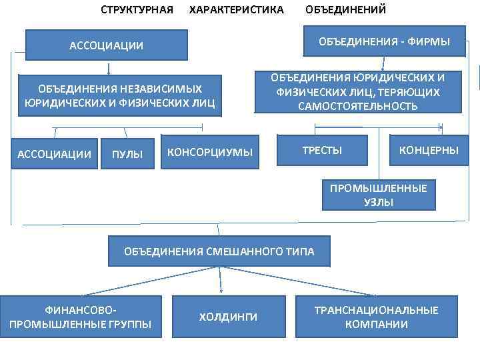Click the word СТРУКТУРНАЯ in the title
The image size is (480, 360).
coord(137,10)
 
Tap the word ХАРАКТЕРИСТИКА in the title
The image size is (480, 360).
coord(237,10)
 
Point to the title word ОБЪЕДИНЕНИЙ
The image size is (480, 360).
coord(345,10)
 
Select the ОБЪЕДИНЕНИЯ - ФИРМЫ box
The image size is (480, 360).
coord(383,42)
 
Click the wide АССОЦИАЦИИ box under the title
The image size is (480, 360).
coord(107,45)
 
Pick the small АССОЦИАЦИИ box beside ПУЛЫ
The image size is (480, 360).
coord(55,154)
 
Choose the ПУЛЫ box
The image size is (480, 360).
coord(127,154)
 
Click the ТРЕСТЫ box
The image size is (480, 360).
coord(322,151)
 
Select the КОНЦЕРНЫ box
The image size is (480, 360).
coord(429,151)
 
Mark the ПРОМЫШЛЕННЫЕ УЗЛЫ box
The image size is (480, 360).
coord(378,195)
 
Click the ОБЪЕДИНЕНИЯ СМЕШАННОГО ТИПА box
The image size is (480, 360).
coord(219,251)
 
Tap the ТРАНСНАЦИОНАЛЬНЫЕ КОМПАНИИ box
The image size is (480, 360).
coord(376,317)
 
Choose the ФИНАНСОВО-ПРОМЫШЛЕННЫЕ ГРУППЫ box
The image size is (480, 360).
coord(81,317)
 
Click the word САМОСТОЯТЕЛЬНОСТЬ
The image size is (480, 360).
coord(358,106)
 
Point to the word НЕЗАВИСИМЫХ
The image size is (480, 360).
coord(167,89)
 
